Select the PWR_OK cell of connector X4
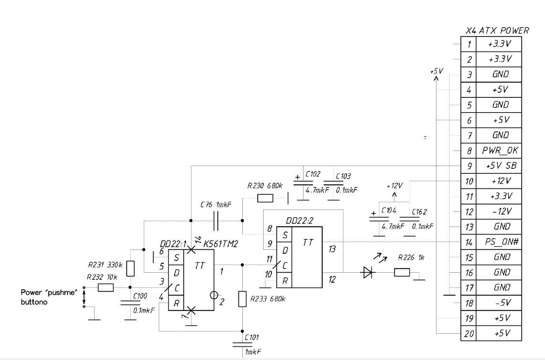pos(500,151)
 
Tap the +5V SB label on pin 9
pos(501,166)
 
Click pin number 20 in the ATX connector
pos(469,333)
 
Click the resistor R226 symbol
pos(402,273)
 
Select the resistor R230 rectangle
pos(265,198)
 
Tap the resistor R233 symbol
pos(242,299)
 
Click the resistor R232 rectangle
pos(105,287)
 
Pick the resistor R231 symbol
pos(131,268)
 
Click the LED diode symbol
pos(367,273)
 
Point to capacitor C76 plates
pos(216,220)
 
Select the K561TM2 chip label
pos(220,244)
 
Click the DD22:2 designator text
pos(299,221)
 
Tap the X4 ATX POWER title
pos(497,31)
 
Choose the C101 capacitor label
pos(252,337)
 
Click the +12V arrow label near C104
pos(395,186)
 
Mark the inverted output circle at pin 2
pos(214,296)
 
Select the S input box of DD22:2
pos(285,235)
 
